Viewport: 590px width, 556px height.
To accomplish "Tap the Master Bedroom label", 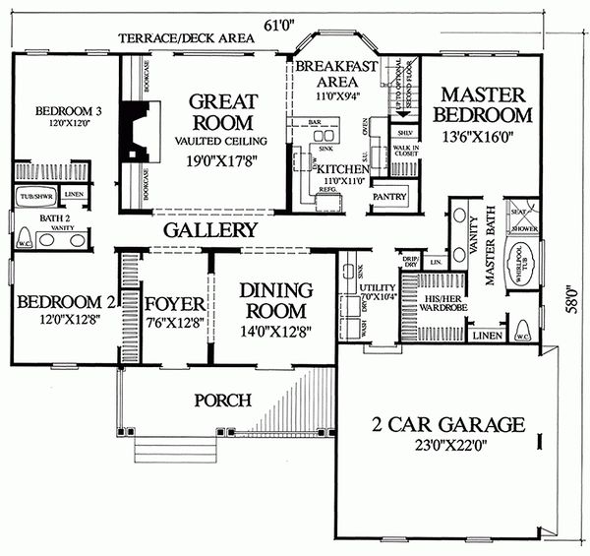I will coord(486,104).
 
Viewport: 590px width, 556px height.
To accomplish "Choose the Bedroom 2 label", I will coord(61,298).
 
